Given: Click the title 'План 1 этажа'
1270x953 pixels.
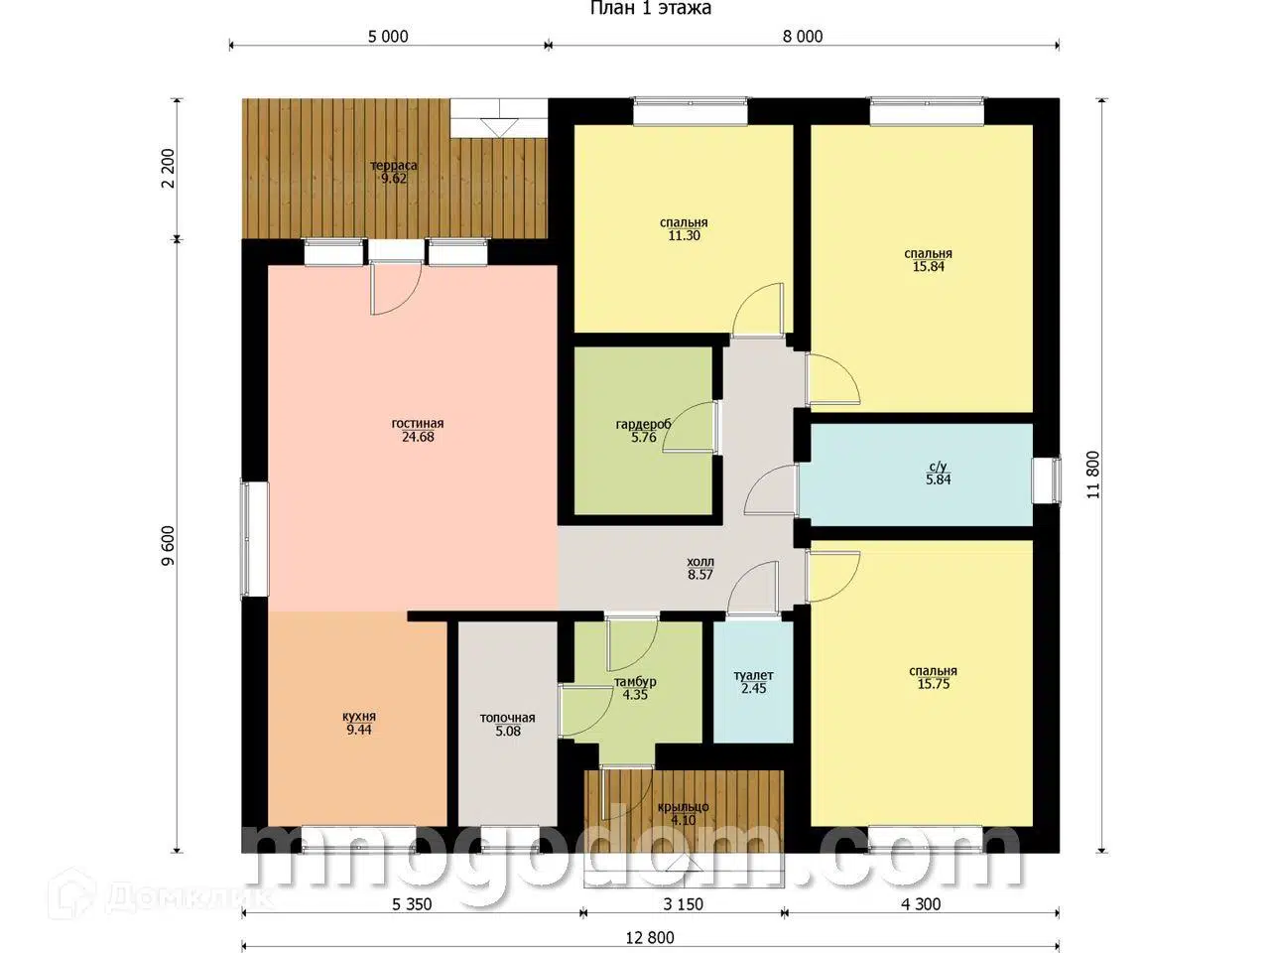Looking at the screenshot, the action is (650, 8).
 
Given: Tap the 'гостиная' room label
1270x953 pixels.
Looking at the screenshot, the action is (417, 424).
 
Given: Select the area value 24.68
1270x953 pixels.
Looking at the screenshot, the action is (418, 437).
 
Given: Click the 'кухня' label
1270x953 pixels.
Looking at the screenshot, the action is (359, 717).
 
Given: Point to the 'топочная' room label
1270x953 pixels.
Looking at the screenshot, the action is (507, 718).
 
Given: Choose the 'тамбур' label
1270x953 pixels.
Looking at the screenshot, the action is (635, 682).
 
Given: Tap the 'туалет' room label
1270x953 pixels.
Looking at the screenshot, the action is (753, 675).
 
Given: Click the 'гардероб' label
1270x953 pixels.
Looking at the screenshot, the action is (643, 425).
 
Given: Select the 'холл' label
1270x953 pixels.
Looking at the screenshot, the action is (700, 562).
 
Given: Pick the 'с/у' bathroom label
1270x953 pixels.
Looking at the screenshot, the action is (938, 467).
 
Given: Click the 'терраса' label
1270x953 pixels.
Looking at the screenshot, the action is (394, 166).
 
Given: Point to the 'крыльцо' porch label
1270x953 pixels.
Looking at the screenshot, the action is (683, 807).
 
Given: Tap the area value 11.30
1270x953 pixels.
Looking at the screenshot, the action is (684, 235).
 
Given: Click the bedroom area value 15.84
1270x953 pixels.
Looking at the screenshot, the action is (928, 267).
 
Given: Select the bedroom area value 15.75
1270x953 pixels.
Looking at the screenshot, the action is (934, 684).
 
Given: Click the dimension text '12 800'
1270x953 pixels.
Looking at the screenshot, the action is (650, 937).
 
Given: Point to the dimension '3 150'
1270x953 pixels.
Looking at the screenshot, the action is (683, 903).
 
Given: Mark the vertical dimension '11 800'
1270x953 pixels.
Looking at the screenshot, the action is (1092, 476).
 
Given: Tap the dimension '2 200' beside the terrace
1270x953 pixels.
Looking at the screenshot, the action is (168, 169).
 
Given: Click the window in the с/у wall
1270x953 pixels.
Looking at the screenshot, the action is (1047, 480).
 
